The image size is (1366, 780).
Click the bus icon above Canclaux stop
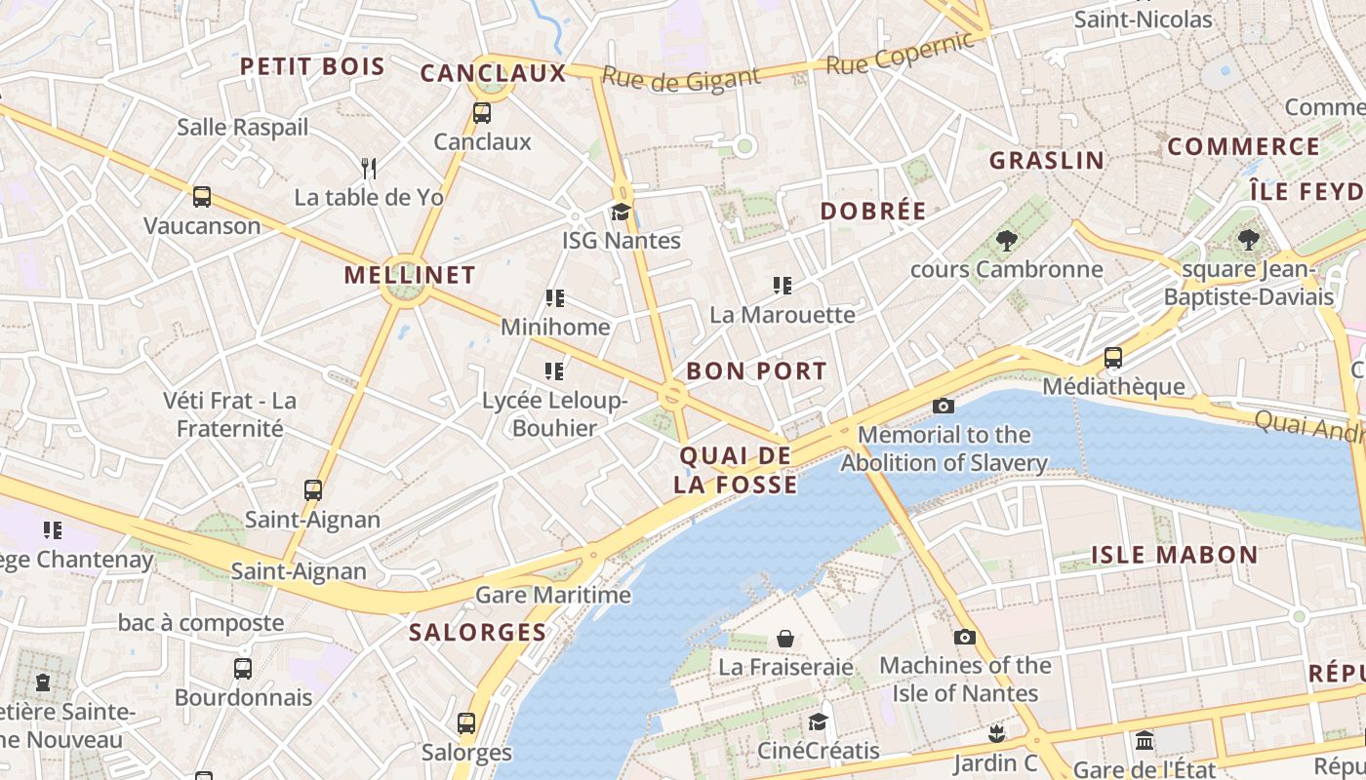point(482,112)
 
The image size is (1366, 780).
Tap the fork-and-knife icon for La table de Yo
point(369,168)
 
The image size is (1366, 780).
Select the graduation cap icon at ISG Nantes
point(621,212)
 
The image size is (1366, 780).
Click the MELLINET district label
point(410,275)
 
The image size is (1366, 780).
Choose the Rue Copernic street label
point(900,53)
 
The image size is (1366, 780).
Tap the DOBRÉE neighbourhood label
point(873,211)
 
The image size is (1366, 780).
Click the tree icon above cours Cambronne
point(1006,240)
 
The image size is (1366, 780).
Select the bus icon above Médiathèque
point(1113,358)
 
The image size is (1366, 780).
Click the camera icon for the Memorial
point(943,406)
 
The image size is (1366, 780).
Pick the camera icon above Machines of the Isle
point(964,637)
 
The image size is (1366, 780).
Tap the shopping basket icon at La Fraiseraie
point(785,639)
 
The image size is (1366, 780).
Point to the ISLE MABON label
point(1174,555)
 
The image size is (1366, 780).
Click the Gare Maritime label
point(553,595)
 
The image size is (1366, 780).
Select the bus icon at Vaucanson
point(202,197)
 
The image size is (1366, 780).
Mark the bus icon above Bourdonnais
point(243,669)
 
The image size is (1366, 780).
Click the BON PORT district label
point(756,370)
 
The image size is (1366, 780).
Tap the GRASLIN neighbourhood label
point(1047,160)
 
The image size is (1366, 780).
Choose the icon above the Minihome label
point(555,297)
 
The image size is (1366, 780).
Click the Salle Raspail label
point(242,127)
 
